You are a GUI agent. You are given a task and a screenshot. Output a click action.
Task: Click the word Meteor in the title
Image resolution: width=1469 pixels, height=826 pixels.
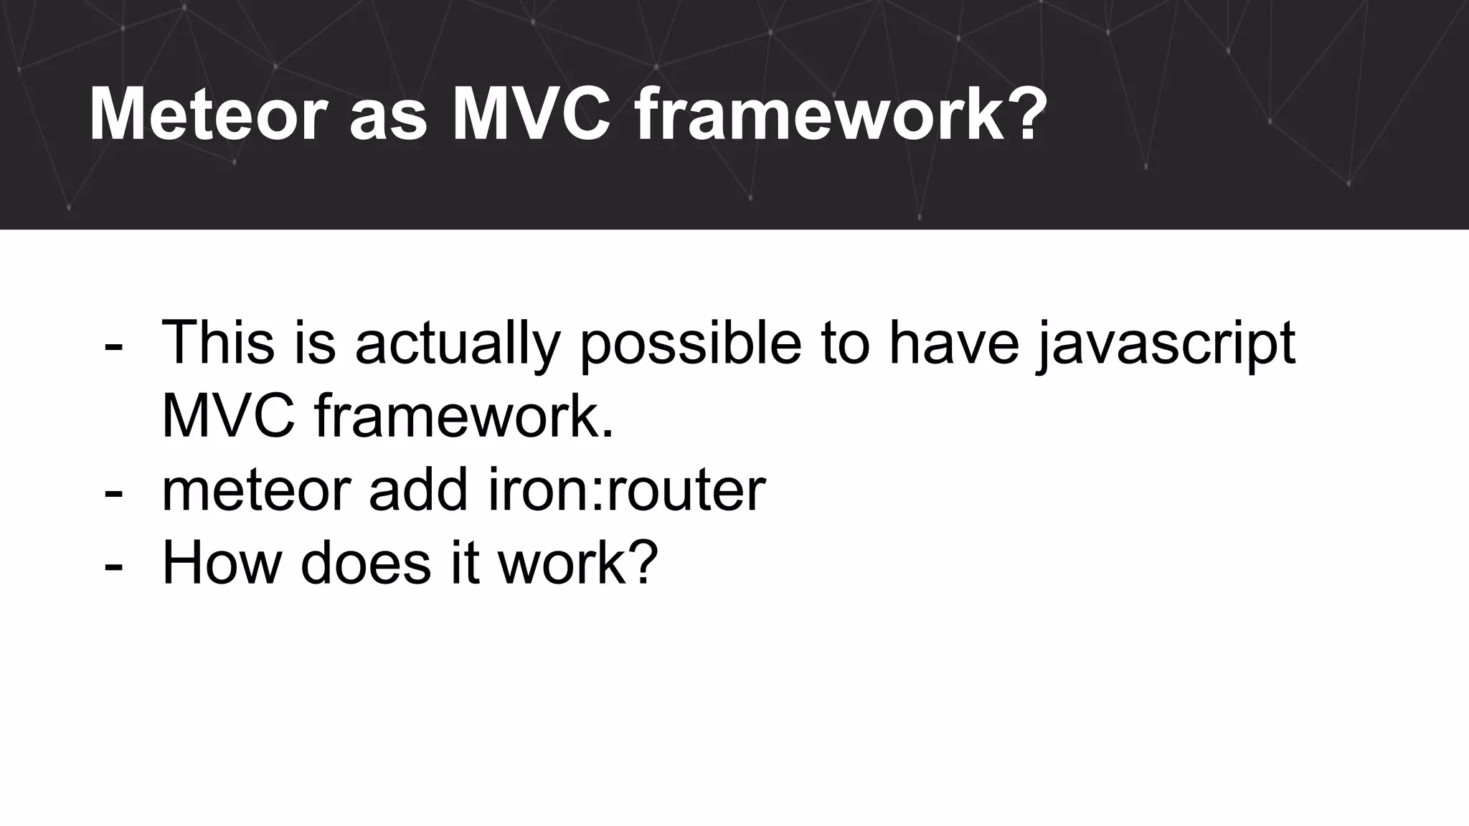[207, 115]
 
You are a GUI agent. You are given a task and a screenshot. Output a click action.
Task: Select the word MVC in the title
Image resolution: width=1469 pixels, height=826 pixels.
[530, 115]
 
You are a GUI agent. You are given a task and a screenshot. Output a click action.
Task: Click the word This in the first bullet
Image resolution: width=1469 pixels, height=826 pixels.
[218, 343]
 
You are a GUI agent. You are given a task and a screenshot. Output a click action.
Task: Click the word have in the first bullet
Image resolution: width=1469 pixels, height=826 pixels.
[954, 343]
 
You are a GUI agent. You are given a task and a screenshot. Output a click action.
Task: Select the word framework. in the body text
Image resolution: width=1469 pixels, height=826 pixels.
[463, 417]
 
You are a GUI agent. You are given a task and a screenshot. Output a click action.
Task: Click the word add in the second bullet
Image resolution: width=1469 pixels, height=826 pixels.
[419, 490]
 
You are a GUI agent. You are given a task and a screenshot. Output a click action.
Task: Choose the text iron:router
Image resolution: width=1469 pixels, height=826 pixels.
[626, 490]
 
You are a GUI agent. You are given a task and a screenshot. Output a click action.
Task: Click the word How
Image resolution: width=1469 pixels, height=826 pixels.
[221, 563]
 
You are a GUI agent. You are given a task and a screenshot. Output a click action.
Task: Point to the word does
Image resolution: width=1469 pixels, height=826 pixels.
[364, 563]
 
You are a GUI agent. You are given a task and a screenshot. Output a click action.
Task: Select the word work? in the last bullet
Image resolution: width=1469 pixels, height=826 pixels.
[577, 563]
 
